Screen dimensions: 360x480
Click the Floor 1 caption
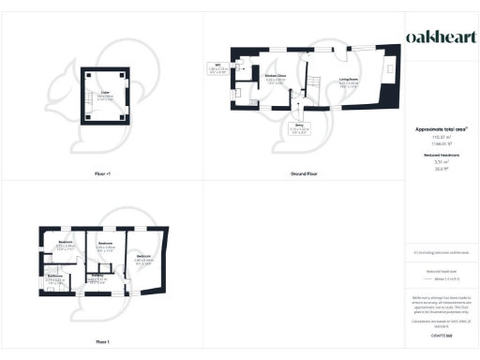102,341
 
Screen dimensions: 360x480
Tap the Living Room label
349,82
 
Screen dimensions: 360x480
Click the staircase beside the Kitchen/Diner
316,87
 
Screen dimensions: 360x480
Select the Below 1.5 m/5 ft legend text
437,279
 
